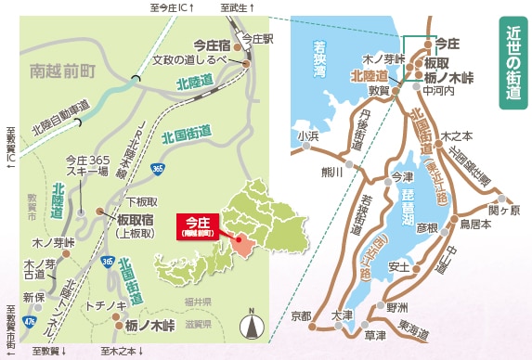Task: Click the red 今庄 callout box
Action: coord(198,225)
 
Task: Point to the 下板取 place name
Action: coord(141,199)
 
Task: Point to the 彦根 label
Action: coord(426,226)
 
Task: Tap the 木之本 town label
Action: coord(456,135)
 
